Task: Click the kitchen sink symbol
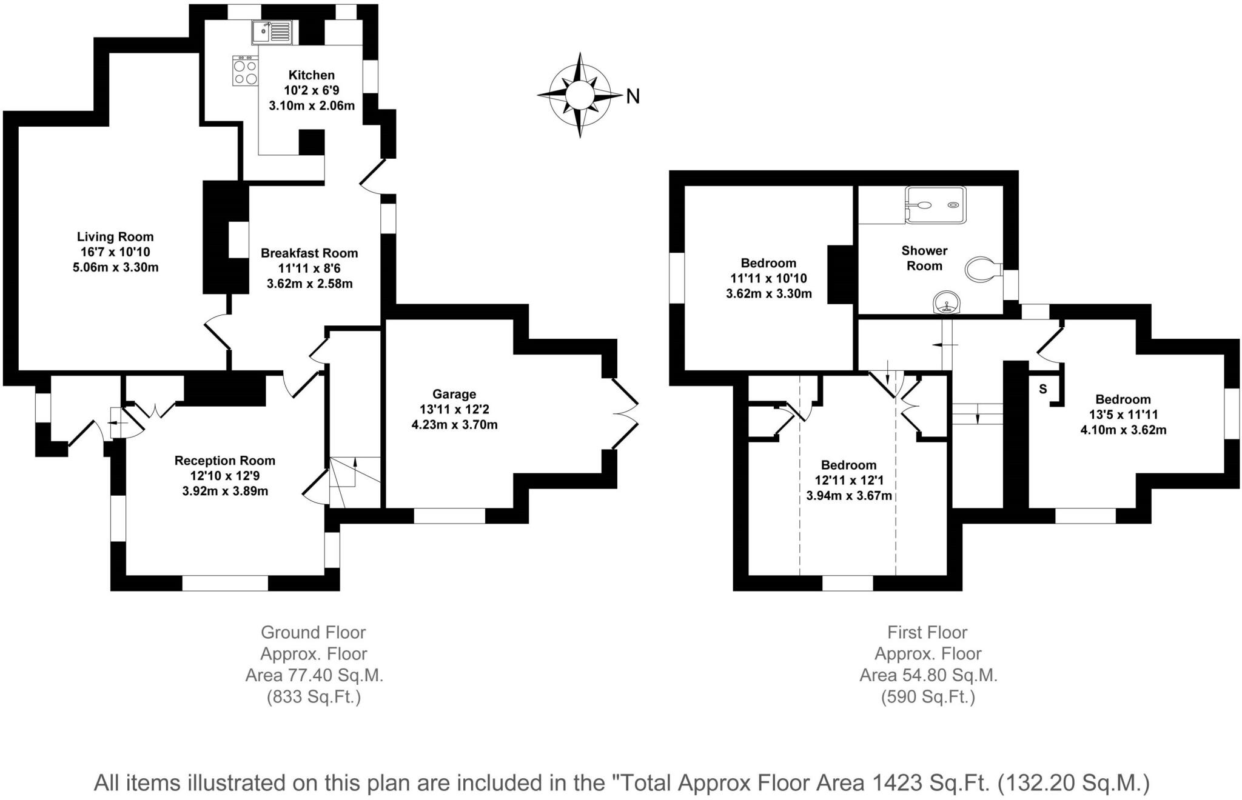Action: point(272,32)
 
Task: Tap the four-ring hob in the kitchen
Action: point(245,71)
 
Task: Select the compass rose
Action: point(580,95)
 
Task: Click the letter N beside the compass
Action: point(633,96)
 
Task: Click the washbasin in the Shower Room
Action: point(947,302)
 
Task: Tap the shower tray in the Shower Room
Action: point(935,205)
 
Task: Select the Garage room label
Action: point(454,394)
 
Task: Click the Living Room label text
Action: point(115,237)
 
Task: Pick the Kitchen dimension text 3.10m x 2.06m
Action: point(312,105)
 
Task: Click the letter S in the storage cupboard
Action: point(1042,389)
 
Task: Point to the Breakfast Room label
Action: point(309,253)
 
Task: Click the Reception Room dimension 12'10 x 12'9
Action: point(225,476)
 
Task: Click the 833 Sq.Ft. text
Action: point(314,697)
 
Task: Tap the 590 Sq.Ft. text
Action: point(928,697)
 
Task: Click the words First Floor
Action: point(927,632)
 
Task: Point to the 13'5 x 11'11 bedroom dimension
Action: point(1123,415)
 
